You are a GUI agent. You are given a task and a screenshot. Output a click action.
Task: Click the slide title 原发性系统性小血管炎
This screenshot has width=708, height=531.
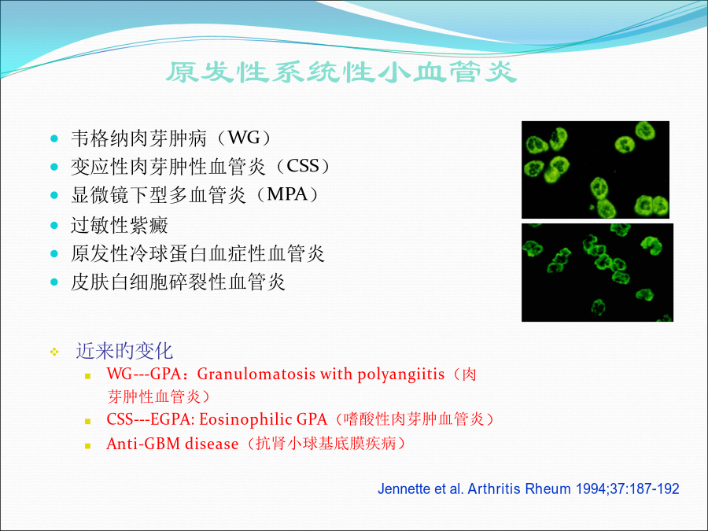pyautogui.click(x=341, y=72)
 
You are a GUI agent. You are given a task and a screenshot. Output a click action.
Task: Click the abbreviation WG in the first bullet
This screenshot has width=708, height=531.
pyautogui.click(x=245, y=137)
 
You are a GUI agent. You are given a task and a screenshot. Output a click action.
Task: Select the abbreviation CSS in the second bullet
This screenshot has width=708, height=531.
pyautogui.click(x=303, y=166)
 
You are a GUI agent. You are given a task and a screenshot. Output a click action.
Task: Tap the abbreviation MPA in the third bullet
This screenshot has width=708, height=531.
pyautogui.click(x=287, y=194)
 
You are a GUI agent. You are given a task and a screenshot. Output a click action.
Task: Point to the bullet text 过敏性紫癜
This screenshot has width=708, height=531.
pyautogui.click(x=120, y=225)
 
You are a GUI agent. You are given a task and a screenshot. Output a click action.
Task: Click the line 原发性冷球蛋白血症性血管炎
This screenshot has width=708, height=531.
pyautogui.click(x=197, y=253)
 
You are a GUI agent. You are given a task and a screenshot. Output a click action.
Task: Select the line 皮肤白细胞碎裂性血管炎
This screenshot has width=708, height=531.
pyautogui.click(x=178, y=282)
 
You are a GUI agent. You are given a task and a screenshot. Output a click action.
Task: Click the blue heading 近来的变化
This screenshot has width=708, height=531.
pyautogui.click(x=124, y=351)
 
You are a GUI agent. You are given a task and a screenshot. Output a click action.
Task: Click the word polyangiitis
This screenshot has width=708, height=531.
pyautogui.click(x=401, y=374)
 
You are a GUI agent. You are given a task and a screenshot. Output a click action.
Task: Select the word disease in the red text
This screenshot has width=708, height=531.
pyautogui.click(x=212, y=444)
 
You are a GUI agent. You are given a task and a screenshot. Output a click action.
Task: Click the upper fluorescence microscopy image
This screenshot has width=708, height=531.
pyautogui.click(x=596, y=170)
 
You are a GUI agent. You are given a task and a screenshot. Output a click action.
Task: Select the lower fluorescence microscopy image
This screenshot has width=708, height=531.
pyautogui.click(x=597, y=272)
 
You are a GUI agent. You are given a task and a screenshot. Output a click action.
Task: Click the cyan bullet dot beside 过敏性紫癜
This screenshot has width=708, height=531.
pyautogui.click(x=54, y=225)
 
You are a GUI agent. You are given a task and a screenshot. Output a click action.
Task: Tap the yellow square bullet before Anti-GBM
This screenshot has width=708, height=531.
pyautogui.click(x=87, y=446)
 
